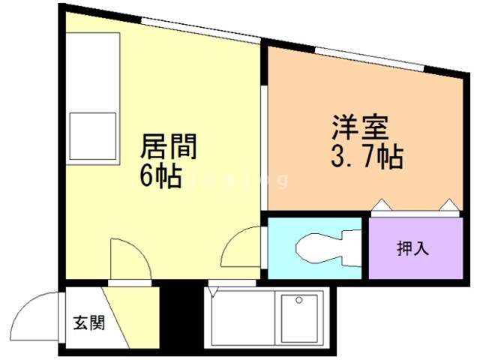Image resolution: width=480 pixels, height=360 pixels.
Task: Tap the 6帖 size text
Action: (160, 176)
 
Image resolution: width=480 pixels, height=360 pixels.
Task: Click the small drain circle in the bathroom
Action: (299, 300)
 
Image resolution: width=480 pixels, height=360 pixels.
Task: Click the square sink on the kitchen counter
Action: (92, 136)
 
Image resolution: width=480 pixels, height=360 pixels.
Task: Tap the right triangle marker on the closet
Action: (449, 204)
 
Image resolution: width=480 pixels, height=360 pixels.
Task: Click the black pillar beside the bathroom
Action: (181, 314)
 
